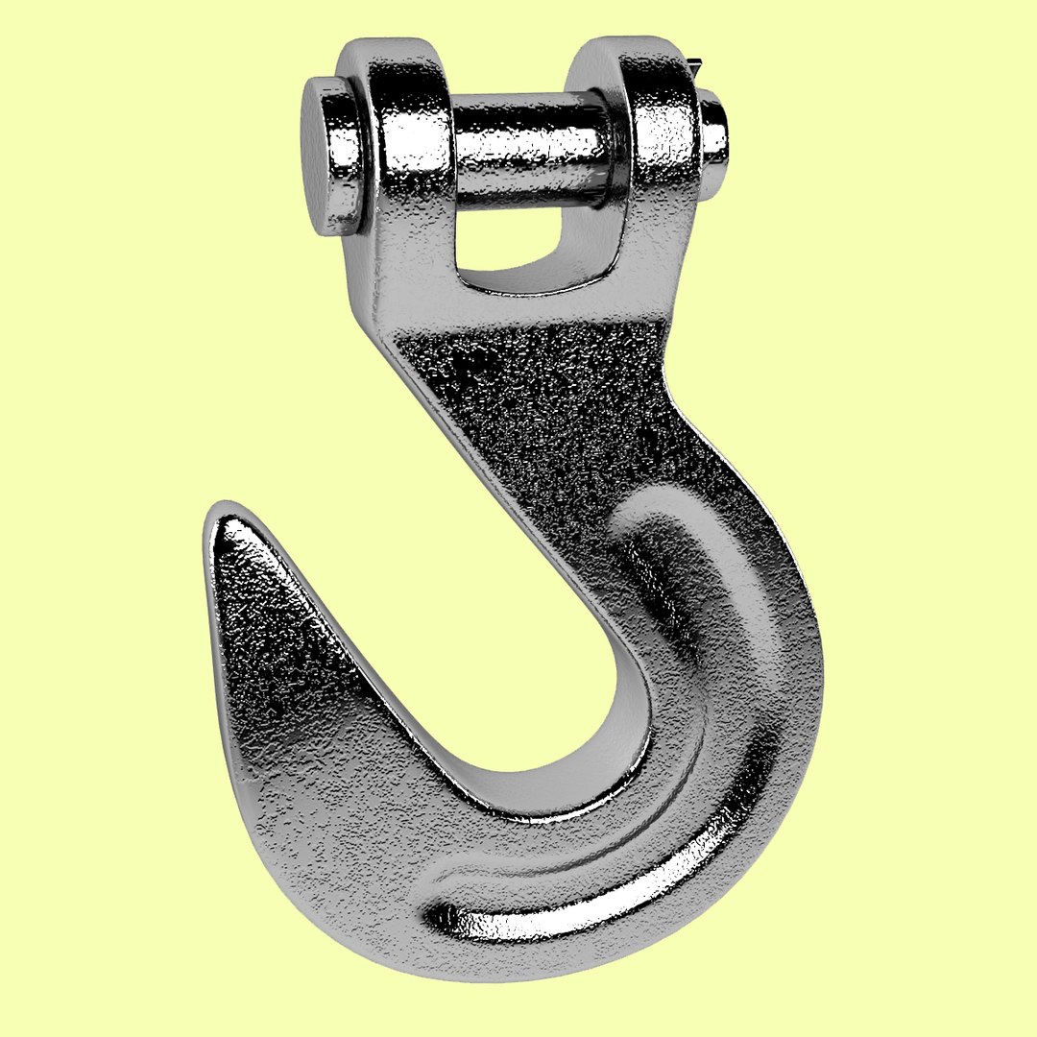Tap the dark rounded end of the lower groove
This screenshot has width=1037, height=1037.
click(x=444, y=917)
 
